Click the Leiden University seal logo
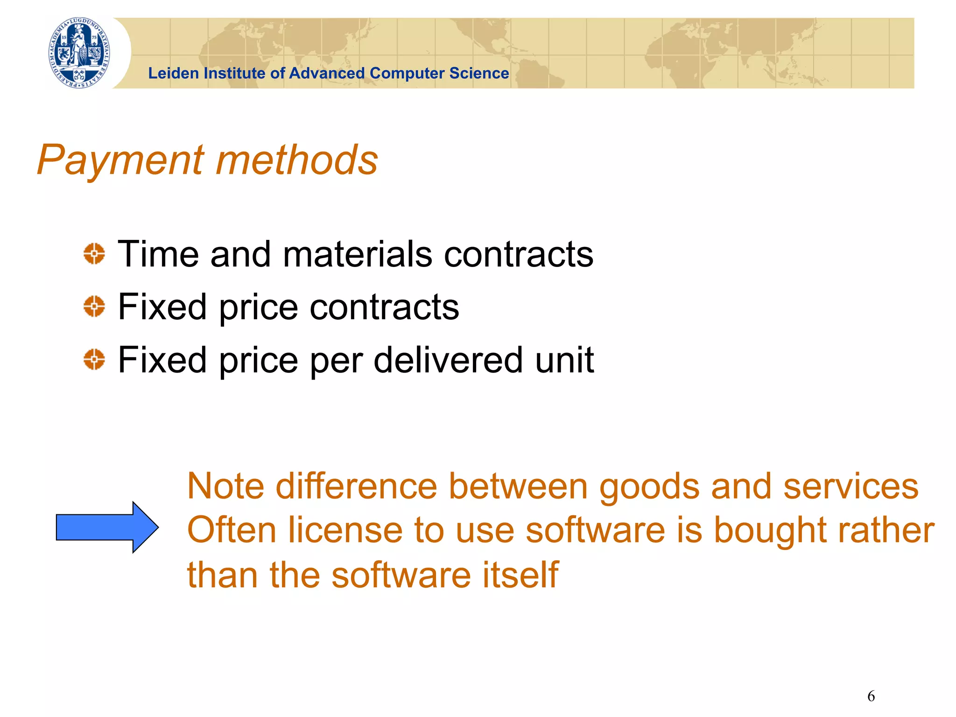point(79,53)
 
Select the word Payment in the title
point(120,160)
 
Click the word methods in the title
point(297,160)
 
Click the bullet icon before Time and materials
point(94,254)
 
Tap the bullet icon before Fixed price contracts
point(94,307)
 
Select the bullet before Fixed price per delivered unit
point(94,359)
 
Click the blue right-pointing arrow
point(107,527)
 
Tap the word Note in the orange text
point(225,486)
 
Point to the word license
point(345,530)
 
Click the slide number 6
point(871,696)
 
